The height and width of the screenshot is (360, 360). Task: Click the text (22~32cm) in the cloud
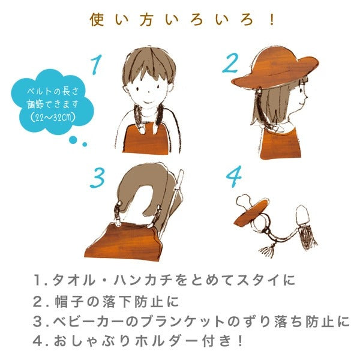click(52, 116)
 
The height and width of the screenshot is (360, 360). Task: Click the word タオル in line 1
click(74, 280)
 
